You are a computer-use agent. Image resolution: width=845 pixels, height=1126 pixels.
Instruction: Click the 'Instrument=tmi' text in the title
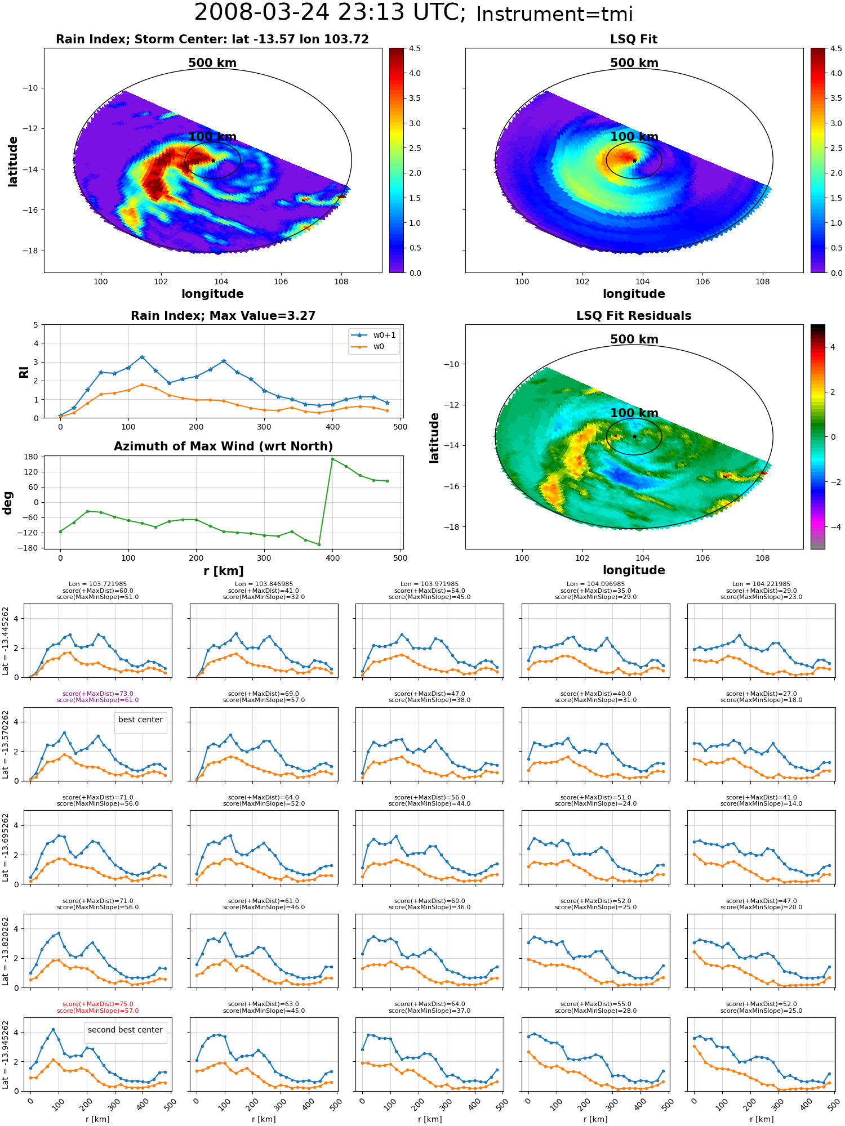(554, 14)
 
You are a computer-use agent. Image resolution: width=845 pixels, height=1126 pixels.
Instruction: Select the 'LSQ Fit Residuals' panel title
(634, 316)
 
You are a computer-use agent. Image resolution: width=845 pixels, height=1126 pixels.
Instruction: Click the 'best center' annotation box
(140, 720)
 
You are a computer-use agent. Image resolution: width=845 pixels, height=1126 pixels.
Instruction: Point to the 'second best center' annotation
(125, 1030)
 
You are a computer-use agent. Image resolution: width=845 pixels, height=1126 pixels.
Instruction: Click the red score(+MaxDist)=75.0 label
(98, 1004)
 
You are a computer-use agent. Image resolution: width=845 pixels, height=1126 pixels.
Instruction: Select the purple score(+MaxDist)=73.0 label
(98, 694)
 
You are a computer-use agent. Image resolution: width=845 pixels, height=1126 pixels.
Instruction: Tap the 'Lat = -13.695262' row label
(6, 846)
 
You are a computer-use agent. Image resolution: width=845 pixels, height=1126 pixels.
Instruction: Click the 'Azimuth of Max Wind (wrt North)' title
(224, 446)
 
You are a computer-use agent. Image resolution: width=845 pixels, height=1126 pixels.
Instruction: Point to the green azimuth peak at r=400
(332, 459)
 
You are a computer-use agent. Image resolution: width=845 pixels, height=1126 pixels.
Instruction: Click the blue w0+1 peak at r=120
(142, 357)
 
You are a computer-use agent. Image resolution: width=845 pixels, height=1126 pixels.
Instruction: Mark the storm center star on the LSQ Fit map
(634, 160)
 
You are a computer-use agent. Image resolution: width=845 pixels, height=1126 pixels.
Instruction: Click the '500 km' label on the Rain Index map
(212, 63)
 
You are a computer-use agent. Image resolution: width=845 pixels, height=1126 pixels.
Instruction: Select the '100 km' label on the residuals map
(634, 413)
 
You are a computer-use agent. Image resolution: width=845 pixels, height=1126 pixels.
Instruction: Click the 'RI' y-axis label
(24, 372)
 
